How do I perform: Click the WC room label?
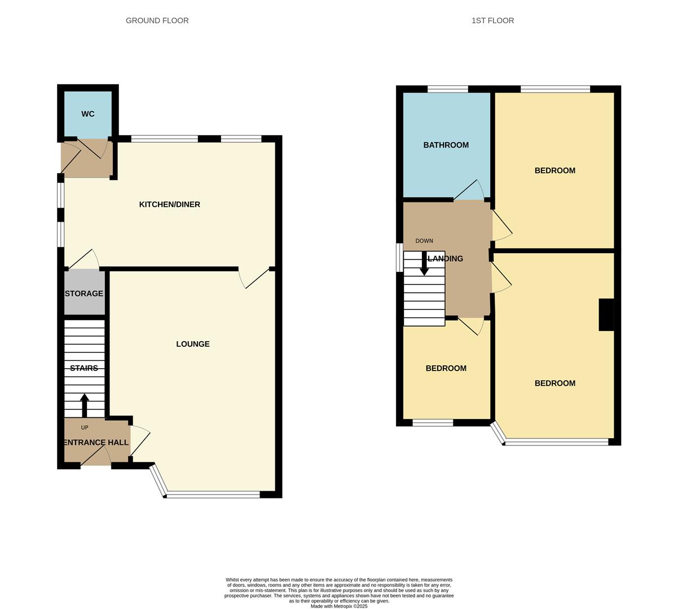click(x=87, y=114)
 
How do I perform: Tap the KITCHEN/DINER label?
click(x=170, y=204)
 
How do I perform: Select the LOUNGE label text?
click(x=193, y=343)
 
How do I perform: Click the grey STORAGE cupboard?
click(x=85, y=293)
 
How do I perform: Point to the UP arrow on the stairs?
click(x=85, y=405)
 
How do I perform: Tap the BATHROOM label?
click(x=446, y=145)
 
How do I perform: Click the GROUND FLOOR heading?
click(x=157, y=20)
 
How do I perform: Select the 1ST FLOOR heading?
click(x=492, y=20)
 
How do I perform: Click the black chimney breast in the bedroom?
click(x=606, y=315)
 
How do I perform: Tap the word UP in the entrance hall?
click(x=85, y=427)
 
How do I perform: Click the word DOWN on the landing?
click(x=424, y=241)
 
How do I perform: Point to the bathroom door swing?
click(x=469, y=190)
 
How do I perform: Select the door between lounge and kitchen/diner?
click(x=254, y=278)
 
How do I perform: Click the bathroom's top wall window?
click(x=448, y=89)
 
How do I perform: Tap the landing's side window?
click(x=399, y=257)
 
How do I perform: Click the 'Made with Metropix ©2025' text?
click(x=339, y=606)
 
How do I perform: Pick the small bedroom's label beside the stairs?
click(x=446, y=368)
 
